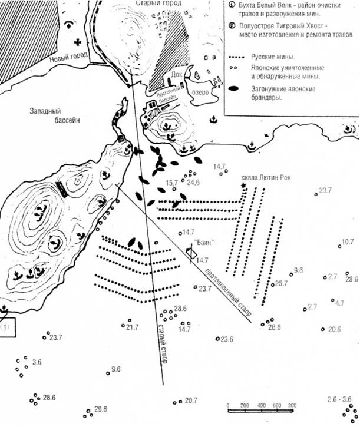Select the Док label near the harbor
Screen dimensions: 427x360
point(177,75)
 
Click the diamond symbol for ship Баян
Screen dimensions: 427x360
point(190,252)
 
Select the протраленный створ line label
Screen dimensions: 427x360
point(226,293)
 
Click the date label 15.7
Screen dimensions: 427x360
point(172,183)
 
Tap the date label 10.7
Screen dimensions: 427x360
point(348,242)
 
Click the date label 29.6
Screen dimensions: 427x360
point(100,410)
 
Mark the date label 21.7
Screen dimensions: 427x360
point(132,327)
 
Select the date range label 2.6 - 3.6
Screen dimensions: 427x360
point(341,399)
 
